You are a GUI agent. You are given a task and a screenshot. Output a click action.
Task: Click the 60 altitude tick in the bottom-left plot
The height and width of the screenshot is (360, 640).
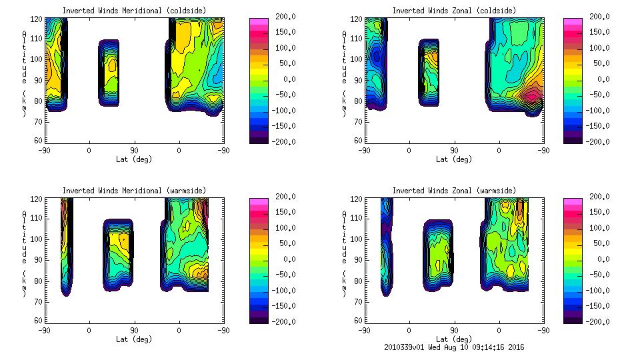click(39, 321)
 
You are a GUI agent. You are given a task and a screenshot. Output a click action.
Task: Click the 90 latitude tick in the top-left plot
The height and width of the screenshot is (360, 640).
click(134, 151)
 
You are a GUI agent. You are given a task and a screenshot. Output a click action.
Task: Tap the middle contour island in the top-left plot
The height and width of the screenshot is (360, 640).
click(109, 72)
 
